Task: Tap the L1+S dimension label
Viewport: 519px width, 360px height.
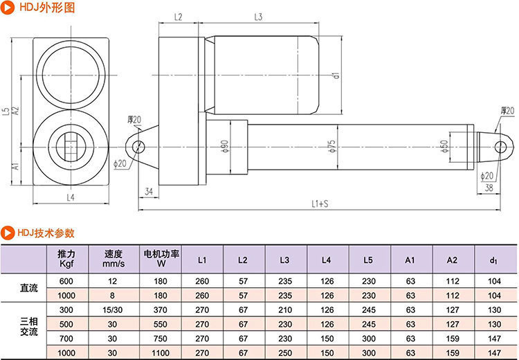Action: pyautogui.click(x=319, y=204)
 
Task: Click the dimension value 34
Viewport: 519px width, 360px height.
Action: pyautogui.click(x=148, y=190)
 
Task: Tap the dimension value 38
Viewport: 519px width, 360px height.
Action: pyautogui.click(x=489, y=187)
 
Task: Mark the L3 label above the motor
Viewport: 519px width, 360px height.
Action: pyautogui.click(x=258, y=17)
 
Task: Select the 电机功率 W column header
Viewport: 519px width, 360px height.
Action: pyautogui.click(x=161, y=259)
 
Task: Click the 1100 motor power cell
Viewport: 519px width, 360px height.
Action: pyautogui.click(x=161, y=353)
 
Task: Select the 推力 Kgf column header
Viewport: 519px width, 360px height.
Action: pyautogui.click(x=67, y=259)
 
